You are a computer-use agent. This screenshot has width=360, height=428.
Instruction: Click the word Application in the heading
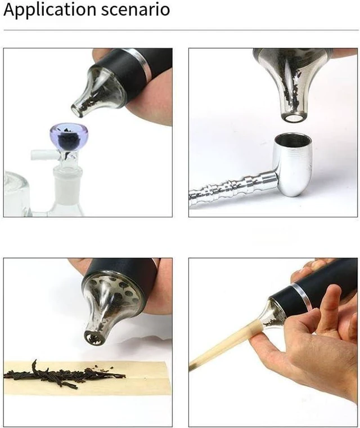pos(49,10)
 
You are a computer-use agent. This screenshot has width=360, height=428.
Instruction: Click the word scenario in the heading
pos(136,10)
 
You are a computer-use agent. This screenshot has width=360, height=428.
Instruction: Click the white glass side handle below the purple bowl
pos(44,155)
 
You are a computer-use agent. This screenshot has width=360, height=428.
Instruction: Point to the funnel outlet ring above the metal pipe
pos(293,118)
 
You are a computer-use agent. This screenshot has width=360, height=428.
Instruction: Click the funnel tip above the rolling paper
pos(94,338)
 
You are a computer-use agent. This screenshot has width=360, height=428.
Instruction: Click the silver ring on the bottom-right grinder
pos(301,297)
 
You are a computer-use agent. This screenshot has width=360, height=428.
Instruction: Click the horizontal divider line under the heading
pos(181,30)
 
